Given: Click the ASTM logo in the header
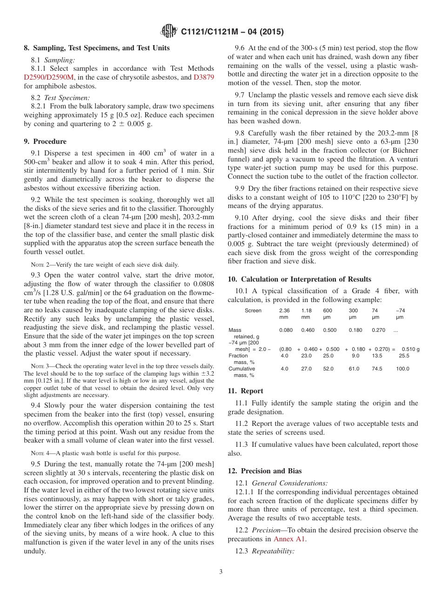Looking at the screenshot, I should (169, 31).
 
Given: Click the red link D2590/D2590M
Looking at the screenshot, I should (48, 77).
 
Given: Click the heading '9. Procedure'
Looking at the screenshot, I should (45, 141).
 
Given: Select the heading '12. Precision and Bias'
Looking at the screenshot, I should (265, 471).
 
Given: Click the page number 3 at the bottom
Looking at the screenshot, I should (221, 572).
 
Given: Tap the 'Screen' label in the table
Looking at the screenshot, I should (253, 310).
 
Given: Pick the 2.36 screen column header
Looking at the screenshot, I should (284, 310).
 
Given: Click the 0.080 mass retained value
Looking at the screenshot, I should (286, 330).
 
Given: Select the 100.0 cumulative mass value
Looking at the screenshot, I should (403, 369).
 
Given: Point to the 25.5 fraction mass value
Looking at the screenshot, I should (404, 356).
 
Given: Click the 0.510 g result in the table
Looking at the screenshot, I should (410, 349).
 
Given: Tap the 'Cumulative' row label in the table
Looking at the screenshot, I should (241, 369).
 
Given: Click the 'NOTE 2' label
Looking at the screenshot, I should (40, 265).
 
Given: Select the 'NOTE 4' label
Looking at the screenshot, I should (40, 453).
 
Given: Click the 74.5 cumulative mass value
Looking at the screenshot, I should (377, 369).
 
